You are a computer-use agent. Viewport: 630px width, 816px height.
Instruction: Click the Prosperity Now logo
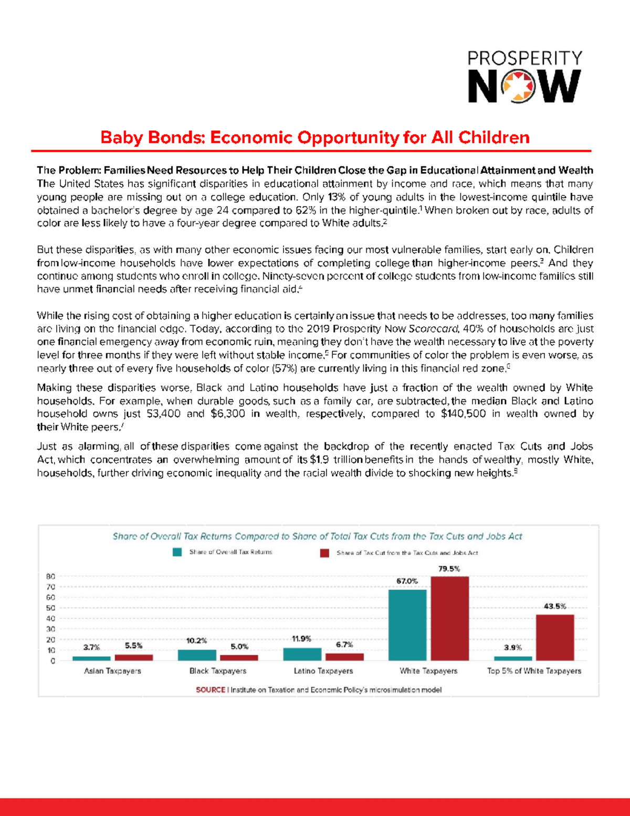coord(524,77)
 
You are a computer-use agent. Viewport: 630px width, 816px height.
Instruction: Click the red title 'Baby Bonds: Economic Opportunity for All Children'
coord(314,138)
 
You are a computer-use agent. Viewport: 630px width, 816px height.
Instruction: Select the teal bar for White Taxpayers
coord(407,625)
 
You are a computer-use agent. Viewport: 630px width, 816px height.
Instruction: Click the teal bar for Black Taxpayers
coord(197,655)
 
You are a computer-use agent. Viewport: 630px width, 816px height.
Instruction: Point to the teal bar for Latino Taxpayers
coord(302,654)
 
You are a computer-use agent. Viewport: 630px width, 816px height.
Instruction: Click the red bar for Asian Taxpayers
coord(134,657)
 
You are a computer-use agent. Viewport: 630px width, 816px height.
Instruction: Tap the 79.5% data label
coord(449,569)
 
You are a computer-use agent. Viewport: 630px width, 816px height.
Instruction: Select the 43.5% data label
coord(555,606)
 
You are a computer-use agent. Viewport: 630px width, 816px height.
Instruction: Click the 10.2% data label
coord(196,641)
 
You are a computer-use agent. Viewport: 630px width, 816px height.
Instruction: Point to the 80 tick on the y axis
coord(51,576)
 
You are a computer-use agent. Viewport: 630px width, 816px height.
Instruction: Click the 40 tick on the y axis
coord(51,618)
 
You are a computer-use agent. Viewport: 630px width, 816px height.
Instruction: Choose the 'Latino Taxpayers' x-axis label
coord(323,671)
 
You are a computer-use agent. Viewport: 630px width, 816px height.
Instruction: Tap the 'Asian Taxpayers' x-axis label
coord(113,671)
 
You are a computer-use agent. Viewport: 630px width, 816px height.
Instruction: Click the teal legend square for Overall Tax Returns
coord(177,552)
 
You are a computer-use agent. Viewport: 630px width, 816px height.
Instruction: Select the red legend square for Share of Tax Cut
coord(325,553)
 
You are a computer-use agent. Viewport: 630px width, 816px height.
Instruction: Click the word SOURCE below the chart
coord(211,690)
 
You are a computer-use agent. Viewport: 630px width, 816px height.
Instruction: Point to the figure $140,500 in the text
coord(463,414)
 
